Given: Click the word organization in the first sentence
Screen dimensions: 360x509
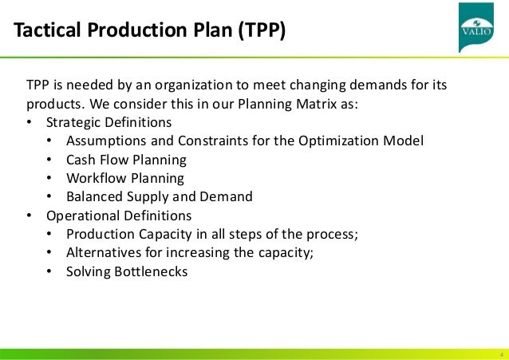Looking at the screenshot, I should [x=190, y=85].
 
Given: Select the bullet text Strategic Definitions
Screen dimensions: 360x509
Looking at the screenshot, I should [x=108, y=123].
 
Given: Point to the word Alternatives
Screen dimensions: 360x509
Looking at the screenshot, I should [x=105, y=252].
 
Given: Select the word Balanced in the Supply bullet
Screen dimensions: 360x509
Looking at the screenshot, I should [x=93, y=196].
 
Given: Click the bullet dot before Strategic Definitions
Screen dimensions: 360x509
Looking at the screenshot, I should [x=30, y=123].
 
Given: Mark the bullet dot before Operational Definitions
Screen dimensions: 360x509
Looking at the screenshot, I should [x=30, y=216].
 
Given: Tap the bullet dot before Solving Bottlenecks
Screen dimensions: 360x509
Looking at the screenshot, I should [x=49, y=271].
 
